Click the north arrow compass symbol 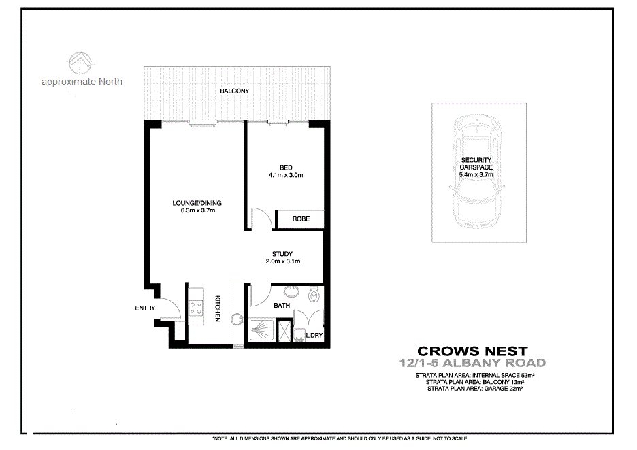point(82,62)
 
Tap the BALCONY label point(234,91)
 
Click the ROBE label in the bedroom point(301,219)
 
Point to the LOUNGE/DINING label point(197,202)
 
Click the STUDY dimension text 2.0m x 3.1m point(282,261)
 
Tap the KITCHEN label point(218,308)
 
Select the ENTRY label point(145,308)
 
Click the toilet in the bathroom point(314,295)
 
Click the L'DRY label point(314,336)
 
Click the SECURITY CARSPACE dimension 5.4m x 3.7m point(476,174)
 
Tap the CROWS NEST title point(472,351)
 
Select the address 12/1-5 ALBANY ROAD point(472,363)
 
